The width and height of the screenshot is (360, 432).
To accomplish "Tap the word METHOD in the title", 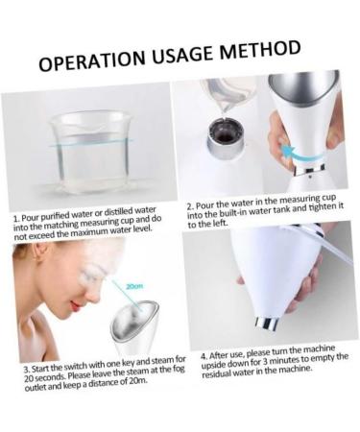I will point(260,50).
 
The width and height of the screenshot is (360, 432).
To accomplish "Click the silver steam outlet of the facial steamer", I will point(127,326).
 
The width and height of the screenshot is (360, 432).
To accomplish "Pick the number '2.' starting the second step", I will point(191,206).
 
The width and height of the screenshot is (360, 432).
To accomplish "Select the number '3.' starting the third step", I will point(27,369).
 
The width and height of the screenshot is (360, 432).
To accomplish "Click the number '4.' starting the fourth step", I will point(204,354).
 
